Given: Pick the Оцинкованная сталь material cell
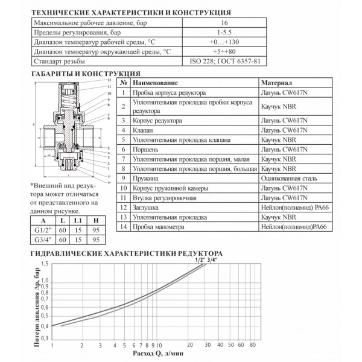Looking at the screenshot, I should pos(287,179).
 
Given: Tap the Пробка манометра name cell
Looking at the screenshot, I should pos(157,227).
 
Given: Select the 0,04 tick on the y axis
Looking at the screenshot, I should pos(45,326).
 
